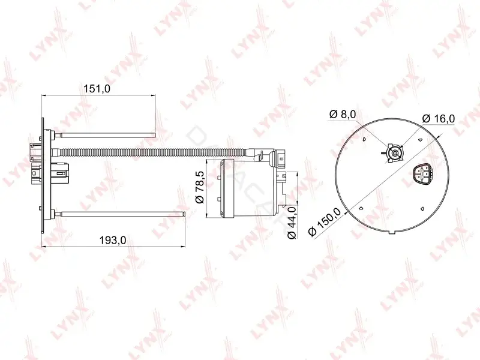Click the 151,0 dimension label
[x=97, y=89]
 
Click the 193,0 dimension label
[x=113, y=241]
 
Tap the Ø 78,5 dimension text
[x=200, y=187]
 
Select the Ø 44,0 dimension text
[x=292, y=222]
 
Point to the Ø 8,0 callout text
[x=343, y=115]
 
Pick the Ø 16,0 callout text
[x=439, y=118]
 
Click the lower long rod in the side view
[x=119, y=214]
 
